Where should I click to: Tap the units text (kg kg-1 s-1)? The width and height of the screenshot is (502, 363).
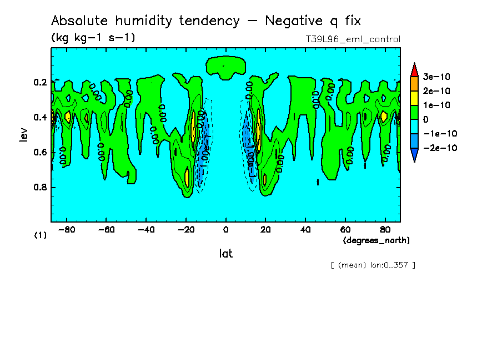(93, 38)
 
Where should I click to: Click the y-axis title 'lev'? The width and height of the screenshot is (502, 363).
(23, 134)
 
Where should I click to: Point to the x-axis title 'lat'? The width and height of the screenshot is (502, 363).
(225, 254)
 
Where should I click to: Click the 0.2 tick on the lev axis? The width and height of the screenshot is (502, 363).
(39, 82)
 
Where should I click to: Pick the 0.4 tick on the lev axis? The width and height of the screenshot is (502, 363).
(39, 117)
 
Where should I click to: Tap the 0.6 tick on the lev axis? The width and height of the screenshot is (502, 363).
(39, 152)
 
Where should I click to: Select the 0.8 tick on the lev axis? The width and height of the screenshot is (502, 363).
(39, 188)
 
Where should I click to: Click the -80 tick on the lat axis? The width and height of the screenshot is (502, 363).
(67, 229)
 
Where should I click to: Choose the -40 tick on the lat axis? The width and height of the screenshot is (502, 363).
(145, 229)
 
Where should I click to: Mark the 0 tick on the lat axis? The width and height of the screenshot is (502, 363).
(225, 229)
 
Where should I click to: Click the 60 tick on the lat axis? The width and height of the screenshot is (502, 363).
(344, 229)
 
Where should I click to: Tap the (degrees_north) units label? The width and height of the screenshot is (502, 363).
(376, 240)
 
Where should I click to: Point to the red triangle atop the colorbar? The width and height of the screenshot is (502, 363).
(414, 69)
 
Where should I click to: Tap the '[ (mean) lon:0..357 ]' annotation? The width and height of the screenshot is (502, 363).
(373, 265)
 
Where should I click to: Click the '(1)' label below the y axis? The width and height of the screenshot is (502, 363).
(41, 235)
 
